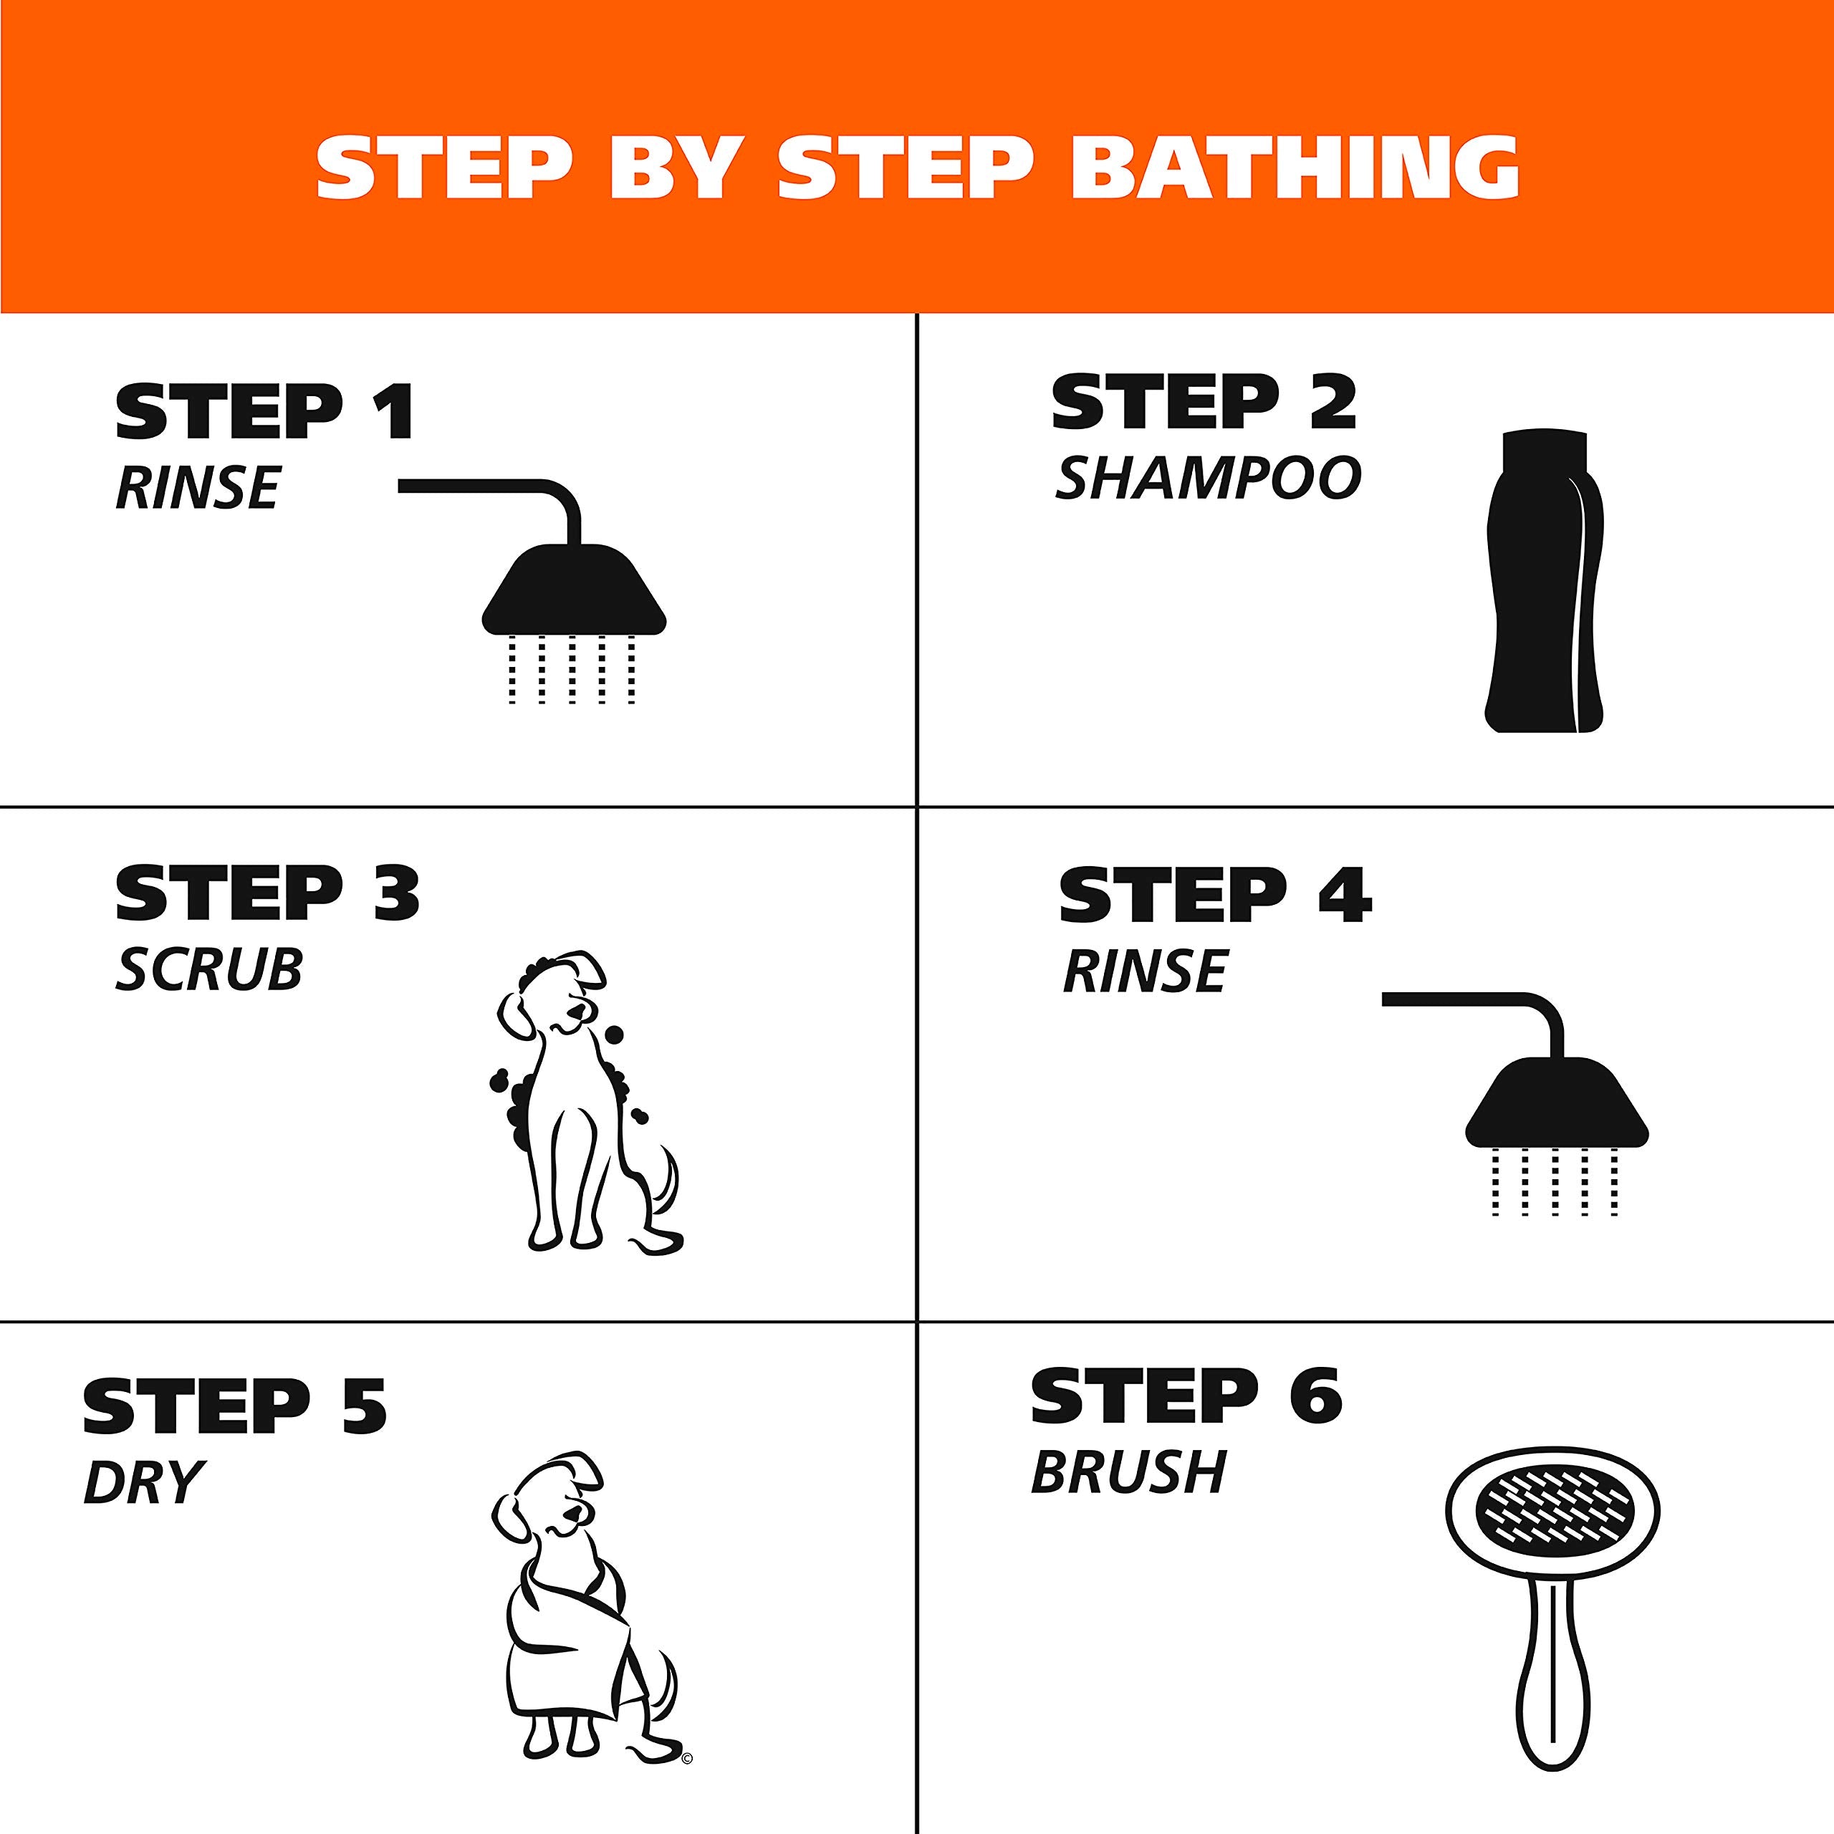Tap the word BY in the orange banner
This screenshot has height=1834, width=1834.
tap(676, 168)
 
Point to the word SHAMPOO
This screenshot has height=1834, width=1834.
tap(1207, 478)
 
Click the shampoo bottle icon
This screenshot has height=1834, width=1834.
tap(1542, 608)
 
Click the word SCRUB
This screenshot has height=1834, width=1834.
tap(209, 969)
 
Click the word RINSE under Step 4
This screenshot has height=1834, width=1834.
tap(1144, 971)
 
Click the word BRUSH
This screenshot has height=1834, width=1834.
tap(1128, 1472)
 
